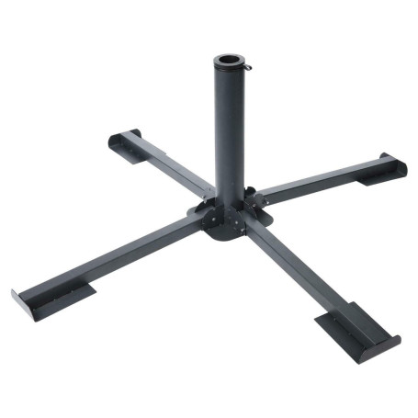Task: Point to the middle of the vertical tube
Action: pos(227,129)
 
